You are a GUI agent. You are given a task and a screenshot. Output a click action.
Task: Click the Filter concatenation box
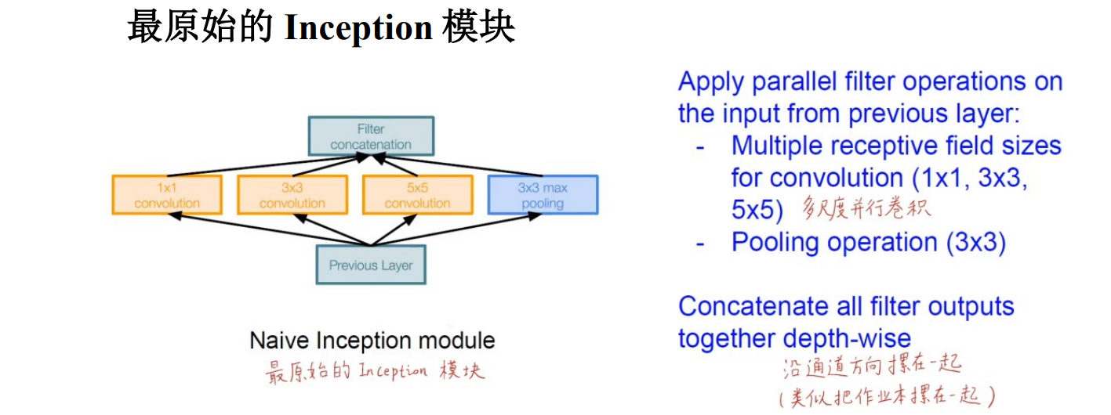pyautogui.click(x=370, y=136)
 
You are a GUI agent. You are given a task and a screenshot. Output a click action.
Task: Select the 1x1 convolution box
pyautogui.click(x=167, y=195)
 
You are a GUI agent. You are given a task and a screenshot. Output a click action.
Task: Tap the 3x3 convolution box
pyautogui.click(x=292, y=195)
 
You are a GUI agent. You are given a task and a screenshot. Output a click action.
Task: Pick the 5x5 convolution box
pyautogui.click(x=417, y=195)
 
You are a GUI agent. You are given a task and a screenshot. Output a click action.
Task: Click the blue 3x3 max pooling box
pyautogui.click(x=543, y=195)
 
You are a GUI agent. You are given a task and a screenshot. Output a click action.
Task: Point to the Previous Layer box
pyautogui.click(x=370, y=265)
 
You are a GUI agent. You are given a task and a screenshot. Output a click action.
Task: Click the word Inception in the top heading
pyautogui.click(x=358, y=28)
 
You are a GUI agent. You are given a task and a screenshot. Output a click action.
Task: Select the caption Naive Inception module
pyautogui.click(x=372, y=341)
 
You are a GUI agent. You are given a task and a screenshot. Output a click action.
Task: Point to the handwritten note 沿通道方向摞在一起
pyautogui.click(x=871, y=366)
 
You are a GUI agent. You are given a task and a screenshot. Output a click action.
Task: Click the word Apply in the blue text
pyautogui.click(x=713, y=81)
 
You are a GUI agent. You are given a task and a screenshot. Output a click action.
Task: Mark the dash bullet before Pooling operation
pyautogui.click(x=700, y=244)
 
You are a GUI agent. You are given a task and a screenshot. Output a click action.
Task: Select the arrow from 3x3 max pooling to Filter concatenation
pyautogui.click(x=463, y=164)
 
